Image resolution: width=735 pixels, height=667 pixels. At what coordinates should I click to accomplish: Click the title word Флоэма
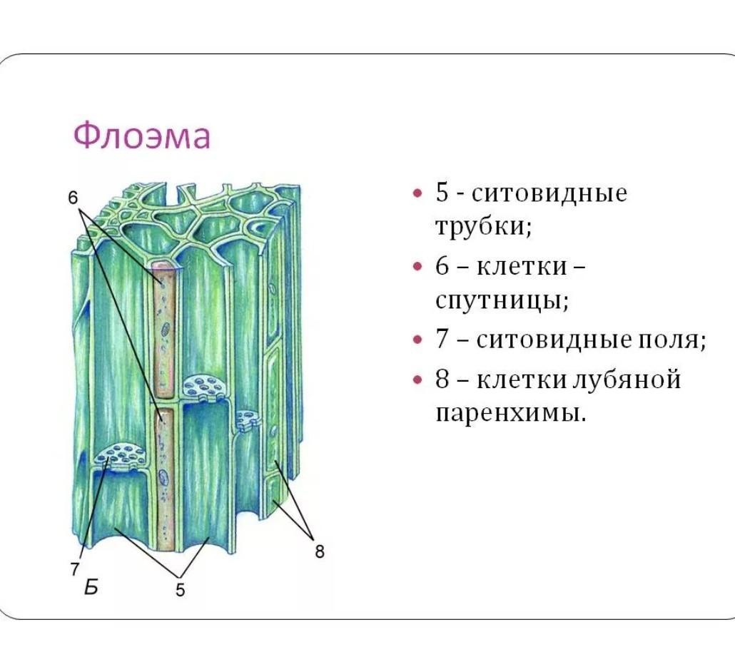[x=142, y=136]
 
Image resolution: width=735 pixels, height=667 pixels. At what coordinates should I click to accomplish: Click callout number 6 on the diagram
[x=73, y=198]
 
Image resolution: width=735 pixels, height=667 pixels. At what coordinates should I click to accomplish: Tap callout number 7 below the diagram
[x=75, y=569]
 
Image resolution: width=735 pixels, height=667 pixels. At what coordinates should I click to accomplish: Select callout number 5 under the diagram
[x=181, y=590]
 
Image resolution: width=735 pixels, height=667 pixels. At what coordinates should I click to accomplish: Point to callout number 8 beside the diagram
[x=320, y=551]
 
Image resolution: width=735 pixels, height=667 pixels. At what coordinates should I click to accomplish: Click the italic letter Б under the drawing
[x=91, y=587]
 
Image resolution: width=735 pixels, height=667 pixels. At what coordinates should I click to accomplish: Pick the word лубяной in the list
[x=627, y=380]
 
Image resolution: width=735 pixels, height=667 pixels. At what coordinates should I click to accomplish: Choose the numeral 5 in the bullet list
[x=442, y=193]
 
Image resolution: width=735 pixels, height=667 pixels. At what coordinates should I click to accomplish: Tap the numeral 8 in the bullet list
[x=442, y=380]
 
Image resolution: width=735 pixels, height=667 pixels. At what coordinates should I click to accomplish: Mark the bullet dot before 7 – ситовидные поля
[x=417, y=340]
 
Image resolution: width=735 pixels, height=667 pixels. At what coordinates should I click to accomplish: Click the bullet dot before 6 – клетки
[x=417, y=266]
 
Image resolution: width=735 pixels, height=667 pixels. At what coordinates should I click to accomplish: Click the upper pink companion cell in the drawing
[x=164, y=330]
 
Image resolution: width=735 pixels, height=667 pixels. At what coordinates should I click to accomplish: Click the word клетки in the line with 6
[x=522, y=266]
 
